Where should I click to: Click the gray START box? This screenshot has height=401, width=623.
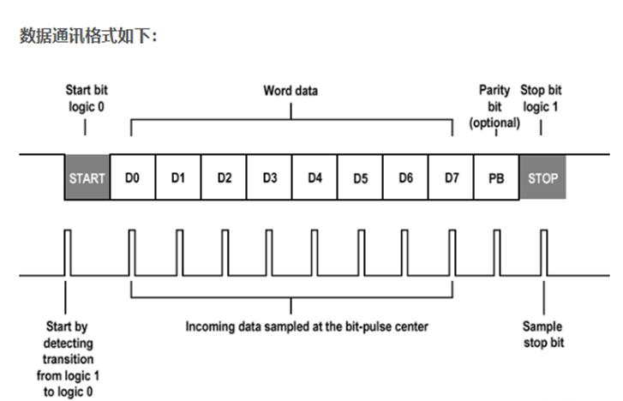pos(87,177)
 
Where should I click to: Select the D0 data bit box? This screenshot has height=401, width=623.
pos(132,177)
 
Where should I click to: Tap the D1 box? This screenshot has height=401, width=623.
pos(177,177)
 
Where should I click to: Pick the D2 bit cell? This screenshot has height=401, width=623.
pos(224,177)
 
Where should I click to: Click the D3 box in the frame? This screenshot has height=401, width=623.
pos(269,177)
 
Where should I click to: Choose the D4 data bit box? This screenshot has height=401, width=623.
pos(314,177)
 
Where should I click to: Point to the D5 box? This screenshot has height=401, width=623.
pos(360,177)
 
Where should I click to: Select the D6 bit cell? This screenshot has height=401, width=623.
pos(405,177)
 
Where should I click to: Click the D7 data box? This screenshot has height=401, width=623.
pos(451,177)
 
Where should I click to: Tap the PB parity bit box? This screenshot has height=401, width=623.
pos(496,177)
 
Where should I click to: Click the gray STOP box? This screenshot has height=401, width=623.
pos(542,177)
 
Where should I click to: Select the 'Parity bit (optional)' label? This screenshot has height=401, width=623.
pos(494,105)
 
